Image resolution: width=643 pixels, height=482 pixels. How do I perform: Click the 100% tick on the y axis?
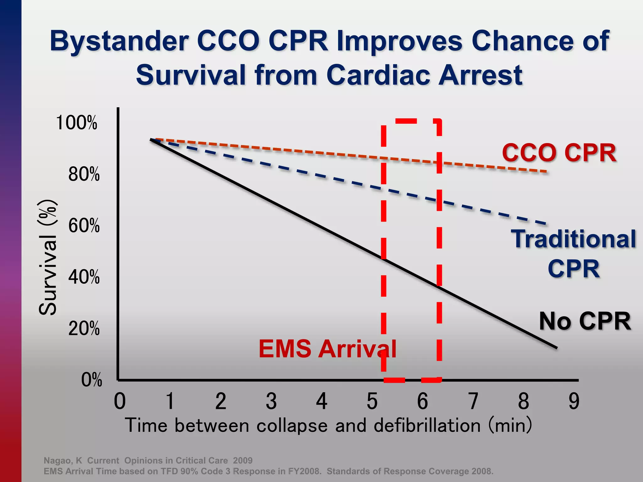[76, 123]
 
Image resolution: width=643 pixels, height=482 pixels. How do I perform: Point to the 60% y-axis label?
[84, 226]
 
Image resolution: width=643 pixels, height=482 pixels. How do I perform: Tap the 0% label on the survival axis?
[91, 380]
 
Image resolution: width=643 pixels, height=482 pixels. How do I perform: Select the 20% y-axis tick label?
[84, 329]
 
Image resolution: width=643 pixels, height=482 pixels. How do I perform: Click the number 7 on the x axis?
[473, 401]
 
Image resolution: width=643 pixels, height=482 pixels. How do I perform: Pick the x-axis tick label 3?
[271, 401]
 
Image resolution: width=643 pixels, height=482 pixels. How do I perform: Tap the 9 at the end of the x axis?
[574, 401]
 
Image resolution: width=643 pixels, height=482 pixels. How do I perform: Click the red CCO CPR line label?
[559, 153]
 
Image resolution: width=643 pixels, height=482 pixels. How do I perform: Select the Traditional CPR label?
[574, 254]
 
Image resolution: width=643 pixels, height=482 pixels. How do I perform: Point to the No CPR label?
[585, 321]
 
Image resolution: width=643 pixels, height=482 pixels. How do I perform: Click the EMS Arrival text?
[327, 349]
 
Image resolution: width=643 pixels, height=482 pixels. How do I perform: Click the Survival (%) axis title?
[48, 257]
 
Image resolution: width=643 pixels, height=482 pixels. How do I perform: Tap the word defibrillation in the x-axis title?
[427, 426]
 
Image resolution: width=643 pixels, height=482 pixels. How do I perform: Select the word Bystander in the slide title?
[119, 41]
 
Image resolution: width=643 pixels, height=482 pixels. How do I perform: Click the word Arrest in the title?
[480, 75]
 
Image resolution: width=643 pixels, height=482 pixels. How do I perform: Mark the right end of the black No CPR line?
[556, 347]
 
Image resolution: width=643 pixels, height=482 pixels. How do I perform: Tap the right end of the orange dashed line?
[546, 172]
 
